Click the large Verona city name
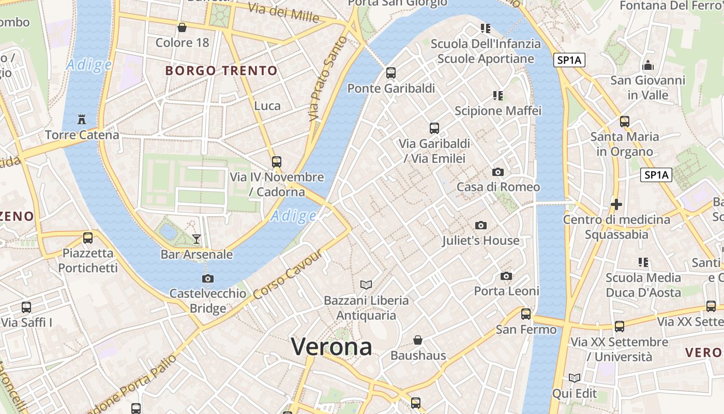coord(331,346)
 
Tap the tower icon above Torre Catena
coord(82,119)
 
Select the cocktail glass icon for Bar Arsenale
coord(197,239)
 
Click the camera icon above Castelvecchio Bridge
coord(208,278)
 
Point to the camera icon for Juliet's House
coord(481,225)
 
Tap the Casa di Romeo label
coord(498,187)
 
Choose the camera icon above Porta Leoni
coord(506,276)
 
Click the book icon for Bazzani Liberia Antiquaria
coord(366,285)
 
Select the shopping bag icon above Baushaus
coord(418,340)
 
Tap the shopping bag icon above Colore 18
coord(182,27)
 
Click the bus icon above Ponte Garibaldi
coord(391,73)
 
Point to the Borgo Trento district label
coord(221,70)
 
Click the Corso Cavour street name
coord(289,275)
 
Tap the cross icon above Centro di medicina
coord(616,204)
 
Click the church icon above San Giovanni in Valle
coord(647,66)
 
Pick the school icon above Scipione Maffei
coord(498,95)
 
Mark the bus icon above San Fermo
coord(526,314)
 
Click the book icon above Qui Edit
coord(574,378)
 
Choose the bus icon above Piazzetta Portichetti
coord(88,238)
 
